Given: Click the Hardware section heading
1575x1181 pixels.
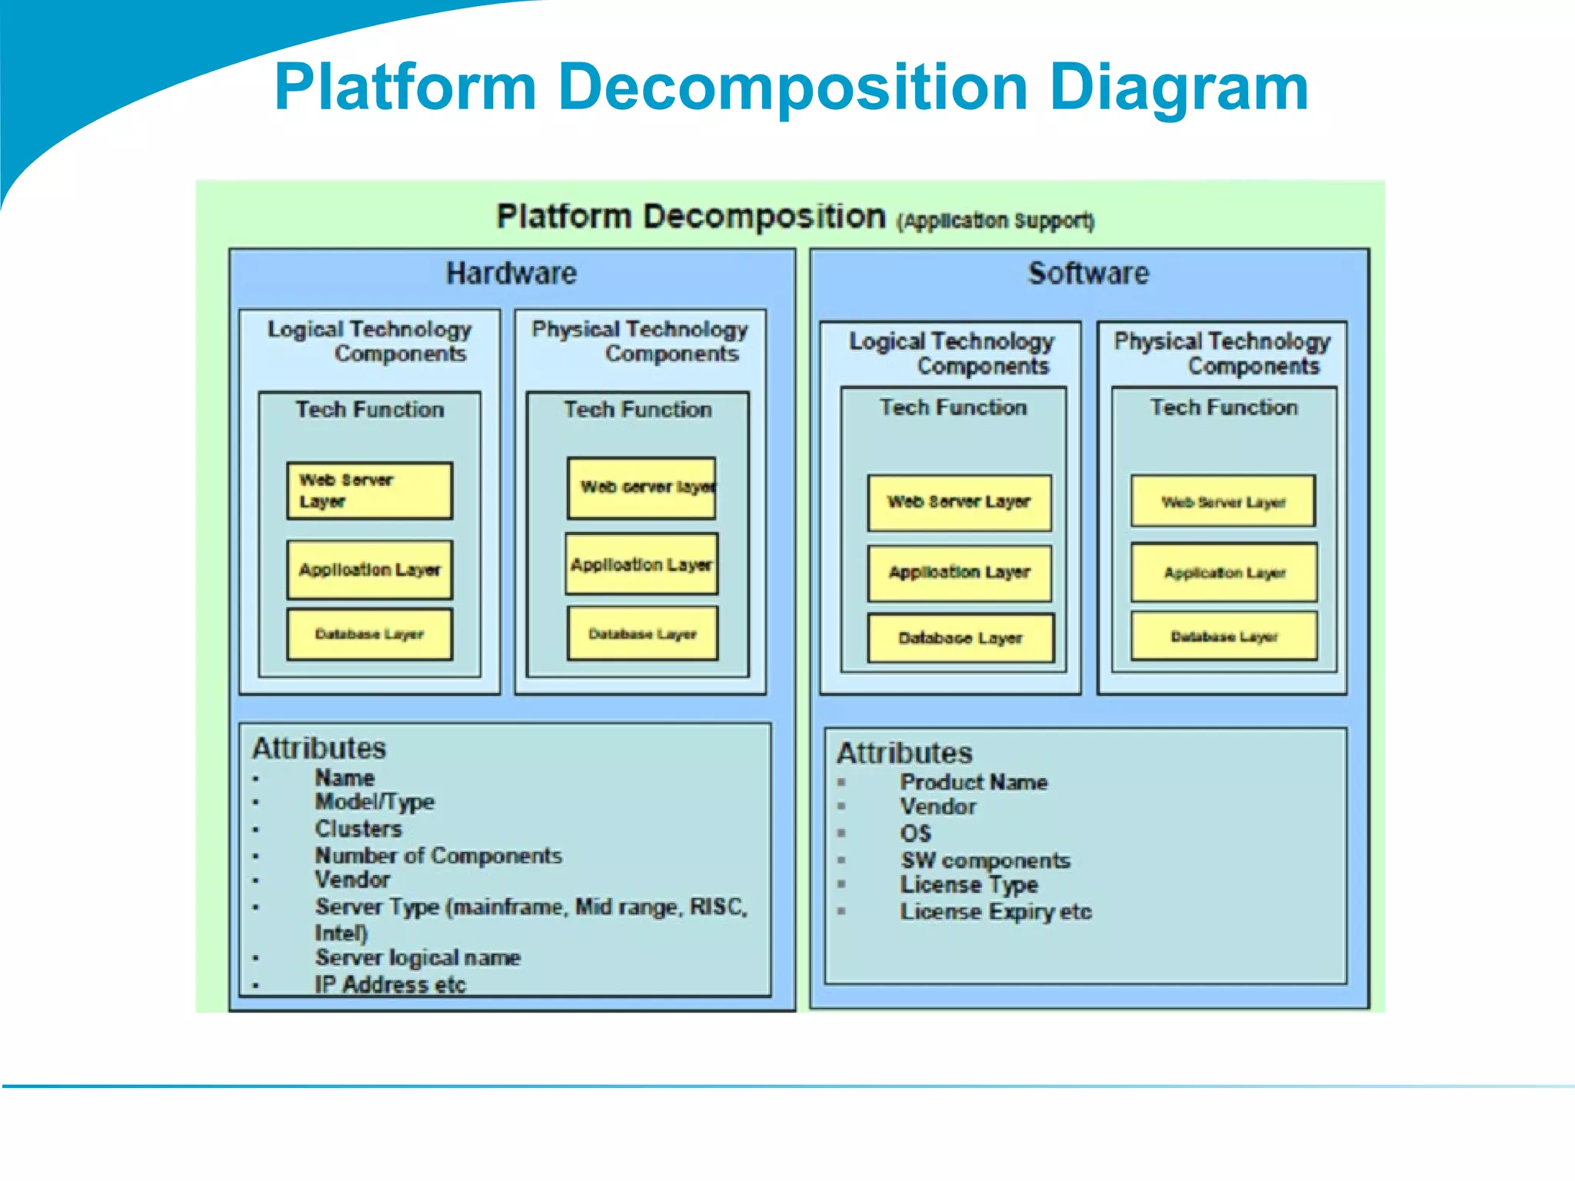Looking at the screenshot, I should click(x=511, y=274).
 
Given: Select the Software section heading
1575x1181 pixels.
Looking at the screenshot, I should click(x=1088, y=274).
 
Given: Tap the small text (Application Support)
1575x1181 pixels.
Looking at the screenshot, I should click(x=995, y=221).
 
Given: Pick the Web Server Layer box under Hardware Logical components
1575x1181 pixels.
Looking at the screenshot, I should click(x=369, y=491).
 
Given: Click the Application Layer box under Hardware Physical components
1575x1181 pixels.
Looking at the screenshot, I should click(x=641, y=564).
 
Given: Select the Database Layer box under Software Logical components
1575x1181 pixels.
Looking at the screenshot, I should click(x=960, y=637).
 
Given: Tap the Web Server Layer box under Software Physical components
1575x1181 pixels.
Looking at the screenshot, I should click(x=1223, y=502).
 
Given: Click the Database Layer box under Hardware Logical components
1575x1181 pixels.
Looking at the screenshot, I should click(x=369, y=634).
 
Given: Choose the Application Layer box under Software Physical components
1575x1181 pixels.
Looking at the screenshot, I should click(x=1224, y=573).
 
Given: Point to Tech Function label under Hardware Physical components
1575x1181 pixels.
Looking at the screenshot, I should click(x=638, y=410).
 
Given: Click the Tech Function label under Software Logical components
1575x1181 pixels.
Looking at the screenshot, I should click(x=953, y=408).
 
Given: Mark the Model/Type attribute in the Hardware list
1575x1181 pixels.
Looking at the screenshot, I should click(x=375, y=802).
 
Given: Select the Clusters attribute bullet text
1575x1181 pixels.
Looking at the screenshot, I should click(x=358, y=829).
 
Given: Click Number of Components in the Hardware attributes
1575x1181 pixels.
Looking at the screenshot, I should click(x=438, y=856).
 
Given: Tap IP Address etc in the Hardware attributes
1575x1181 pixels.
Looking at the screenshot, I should click(x=390, y=985).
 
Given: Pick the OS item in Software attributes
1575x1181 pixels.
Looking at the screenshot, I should click(x=915, y=833).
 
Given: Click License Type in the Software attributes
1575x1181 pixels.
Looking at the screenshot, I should click(x=969, y=885).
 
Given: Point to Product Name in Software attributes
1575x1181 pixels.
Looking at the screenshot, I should click(x=974, y=783).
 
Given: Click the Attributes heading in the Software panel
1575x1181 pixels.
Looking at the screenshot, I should click(x=904, y=753).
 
